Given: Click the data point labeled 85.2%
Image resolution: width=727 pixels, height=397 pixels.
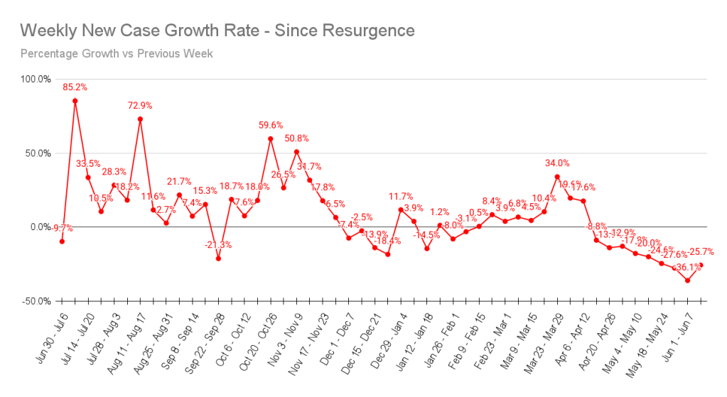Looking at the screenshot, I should click(x=75, y=101).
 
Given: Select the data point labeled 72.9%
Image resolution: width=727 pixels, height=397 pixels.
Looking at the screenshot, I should click(x=140, y=119).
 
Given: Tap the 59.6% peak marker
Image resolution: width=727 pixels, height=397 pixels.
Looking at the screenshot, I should click(x=271, y=138).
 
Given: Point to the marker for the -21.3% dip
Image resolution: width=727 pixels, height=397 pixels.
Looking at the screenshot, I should click(x=218, y=259).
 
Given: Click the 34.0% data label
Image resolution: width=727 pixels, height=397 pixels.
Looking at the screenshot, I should click(x=557, y=163).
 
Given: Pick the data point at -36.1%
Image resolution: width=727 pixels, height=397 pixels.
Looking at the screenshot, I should click(x=687, y=281).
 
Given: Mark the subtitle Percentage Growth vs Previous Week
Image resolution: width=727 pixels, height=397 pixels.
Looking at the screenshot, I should click(x=117, y=53).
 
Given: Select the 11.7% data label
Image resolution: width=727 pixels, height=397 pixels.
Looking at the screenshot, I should click(x=401, y=197).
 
